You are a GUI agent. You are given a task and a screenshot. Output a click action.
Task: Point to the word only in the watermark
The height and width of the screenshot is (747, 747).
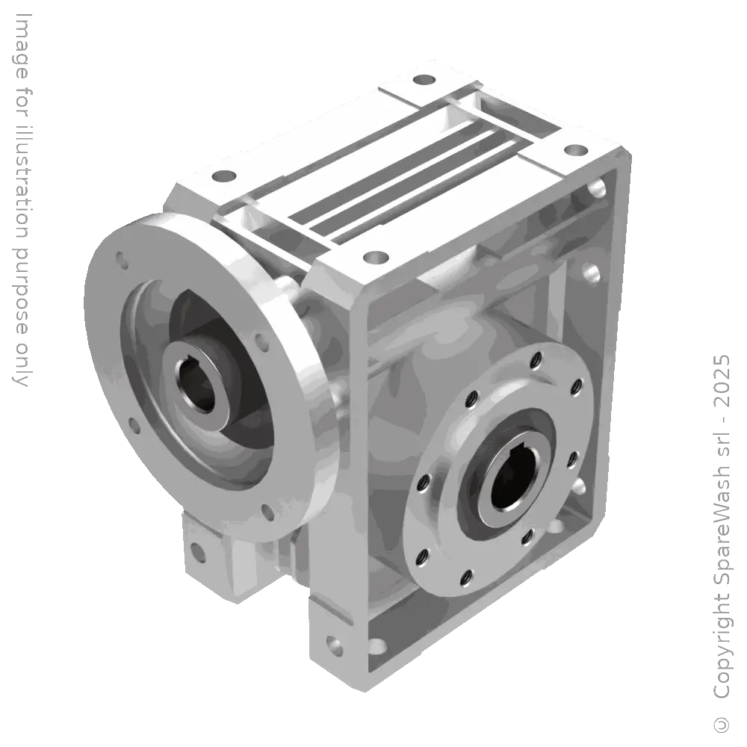pyautogui.click(x=20, y=365)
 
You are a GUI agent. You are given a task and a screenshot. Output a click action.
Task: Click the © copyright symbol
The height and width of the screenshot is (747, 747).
pyautogui.click(x=722, y=724)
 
